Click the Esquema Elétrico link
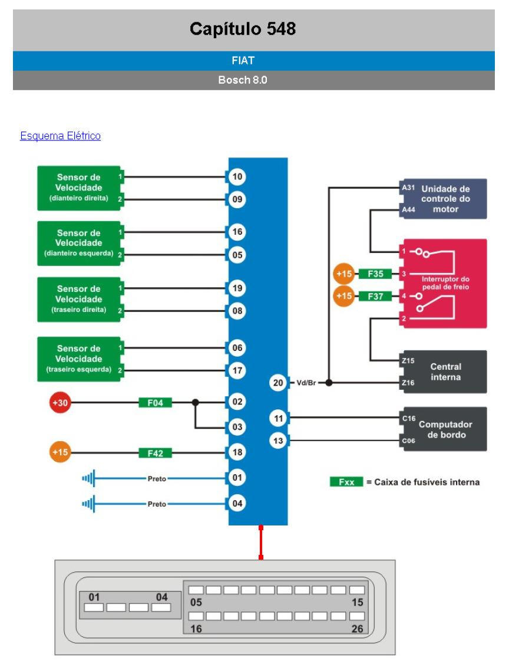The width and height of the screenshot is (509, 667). tap(60, 136)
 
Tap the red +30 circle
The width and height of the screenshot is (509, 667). tap(59, 403)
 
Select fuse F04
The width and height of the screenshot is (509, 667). tap(155, 403)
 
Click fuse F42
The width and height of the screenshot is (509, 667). tap(155, 453)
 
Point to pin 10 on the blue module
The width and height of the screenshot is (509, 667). tap(237, 176)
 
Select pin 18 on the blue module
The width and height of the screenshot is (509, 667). tap(237, 452)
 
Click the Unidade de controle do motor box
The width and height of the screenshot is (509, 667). tap(443, 199)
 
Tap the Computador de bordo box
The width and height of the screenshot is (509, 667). tap(443, 429)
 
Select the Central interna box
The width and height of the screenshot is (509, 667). tap(443, 372)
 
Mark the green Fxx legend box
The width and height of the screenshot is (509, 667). tap(346, 482)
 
